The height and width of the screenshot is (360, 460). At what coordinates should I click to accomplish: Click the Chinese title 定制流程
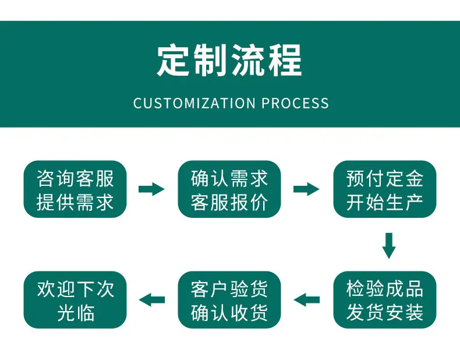click(229, 61)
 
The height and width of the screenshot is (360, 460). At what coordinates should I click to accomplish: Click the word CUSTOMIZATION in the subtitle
click(194, 103)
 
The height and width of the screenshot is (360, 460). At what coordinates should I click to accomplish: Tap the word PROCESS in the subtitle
click(295, 103)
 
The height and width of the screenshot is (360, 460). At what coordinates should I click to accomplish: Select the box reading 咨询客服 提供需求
click(75, 189)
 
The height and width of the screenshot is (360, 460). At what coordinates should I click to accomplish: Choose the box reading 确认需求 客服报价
click(229, 189)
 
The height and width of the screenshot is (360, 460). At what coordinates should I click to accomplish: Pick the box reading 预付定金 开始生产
click(385, 189)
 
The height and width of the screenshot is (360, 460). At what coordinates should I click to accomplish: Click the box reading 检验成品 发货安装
click(385, 299)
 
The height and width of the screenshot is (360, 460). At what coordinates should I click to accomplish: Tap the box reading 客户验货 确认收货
click(229, 299)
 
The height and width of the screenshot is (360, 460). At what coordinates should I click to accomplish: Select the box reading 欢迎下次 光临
click(75, 299)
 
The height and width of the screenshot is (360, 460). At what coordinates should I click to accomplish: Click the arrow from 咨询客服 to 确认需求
click(151, 189)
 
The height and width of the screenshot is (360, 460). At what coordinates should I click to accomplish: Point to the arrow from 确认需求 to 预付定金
click(306, 189)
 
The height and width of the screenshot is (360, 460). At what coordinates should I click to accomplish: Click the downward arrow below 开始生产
click(389, 246)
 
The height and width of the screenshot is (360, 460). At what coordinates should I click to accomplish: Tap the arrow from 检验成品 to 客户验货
click(306, 299)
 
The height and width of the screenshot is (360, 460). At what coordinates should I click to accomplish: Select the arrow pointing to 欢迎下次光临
click(151, 299)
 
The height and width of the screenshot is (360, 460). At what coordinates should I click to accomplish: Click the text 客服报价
click(229, 202)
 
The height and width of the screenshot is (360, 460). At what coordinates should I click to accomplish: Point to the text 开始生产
click(385, 202)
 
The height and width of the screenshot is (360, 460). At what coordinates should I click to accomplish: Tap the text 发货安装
click(385, 312)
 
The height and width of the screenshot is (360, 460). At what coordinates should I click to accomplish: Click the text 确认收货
click(229, 312)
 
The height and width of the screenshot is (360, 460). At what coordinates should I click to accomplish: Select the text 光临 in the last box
click(75, 312)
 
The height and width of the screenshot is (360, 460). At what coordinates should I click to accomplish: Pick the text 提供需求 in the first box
click(75, 202)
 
